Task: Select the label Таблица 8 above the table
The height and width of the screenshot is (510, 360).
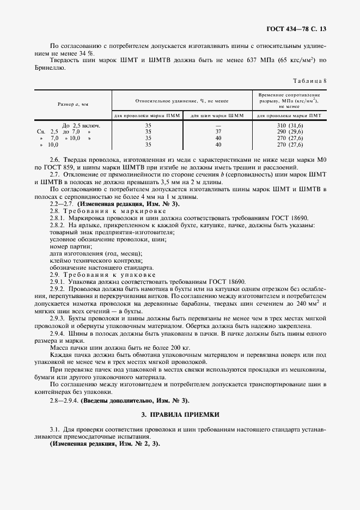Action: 309,81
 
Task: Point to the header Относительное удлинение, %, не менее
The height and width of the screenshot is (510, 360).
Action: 182,101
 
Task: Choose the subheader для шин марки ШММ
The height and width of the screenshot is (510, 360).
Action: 218,116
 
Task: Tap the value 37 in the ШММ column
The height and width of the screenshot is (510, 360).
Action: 218,132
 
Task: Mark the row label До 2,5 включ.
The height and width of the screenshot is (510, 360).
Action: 81,125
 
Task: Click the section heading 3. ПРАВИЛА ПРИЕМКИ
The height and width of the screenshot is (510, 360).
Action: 180,415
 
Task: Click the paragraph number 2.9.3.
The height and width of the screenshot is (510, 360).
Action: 58,318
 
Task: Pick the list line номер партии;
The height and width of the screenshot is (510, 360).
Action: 69,246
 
